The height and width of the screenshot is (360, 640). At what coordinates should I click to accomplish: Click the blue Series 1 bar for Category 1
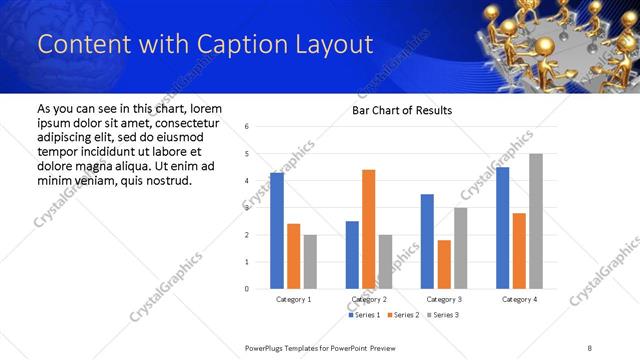coord(277,231)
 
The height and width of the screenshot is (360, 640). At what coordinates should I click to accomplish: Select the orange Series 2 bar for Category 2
coord(369,229)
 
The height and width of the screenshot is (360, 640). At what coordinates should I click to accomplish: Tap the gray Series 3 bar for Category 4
coord(536,221)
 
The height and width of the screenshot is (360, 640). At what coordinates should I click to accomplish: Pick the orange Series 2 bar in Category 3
coord(444,264)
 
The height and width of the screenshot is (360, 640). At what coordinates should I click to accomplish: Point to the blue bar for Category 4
coord(502,228)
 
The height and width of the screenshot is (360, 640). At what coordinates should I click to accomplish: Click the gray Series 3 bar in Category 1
coord(310,262)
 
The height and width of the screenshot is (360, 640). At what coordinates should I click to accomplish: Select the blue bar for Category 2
coord(352,255)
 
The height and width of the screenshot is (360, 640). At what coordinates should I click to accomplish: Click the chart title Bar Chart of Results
coord(402,110)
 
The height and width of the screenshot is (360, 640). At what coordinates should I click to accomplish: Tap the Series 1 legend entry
coord(364,315)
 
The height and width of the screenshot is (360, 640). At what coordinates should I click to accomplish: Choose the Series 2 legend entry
coord(403,315)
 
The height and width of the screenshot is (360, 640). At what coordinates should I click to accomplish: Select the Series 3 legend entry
coord(443,315)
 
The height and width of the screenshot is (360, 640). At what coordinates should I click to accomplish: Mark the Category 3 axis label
coord(444,299)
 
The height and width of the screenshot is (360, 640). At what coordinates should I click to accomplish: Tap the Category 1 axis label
coord(294,299)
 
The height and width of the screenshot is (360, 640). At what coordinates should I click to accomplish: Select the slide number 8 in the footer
coord(589,346)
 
